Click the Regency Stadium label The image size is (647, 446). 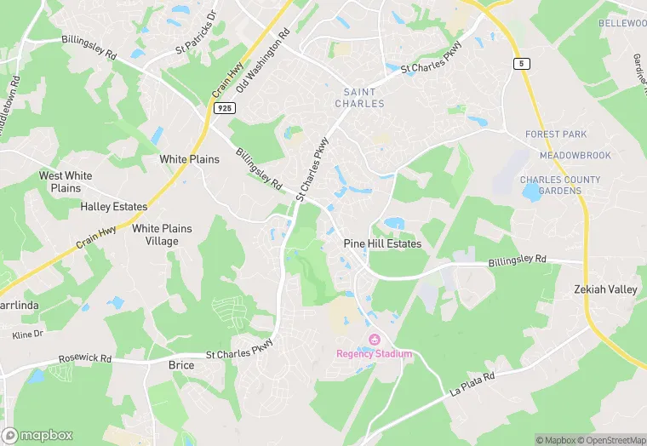click(374, 354)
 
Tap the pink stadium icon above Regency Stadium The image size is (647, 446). click(373, 341)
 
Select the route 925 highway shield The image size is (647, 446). click(225, 109)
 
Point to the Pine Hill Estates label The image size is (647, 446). click(382, 243)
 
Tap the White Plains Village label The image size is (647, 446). click(162, 235)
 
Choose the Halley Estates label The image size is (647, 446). click(114, 207)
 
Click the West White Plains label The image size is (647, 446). click(66, 181)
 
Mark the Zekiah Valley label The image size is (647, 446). click(605, 289)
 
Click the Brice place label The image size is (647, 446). click(181, 365)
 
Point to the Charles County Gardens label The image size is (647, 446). click(560, 186)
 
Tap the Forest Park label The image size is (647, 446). click(557, 134)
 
